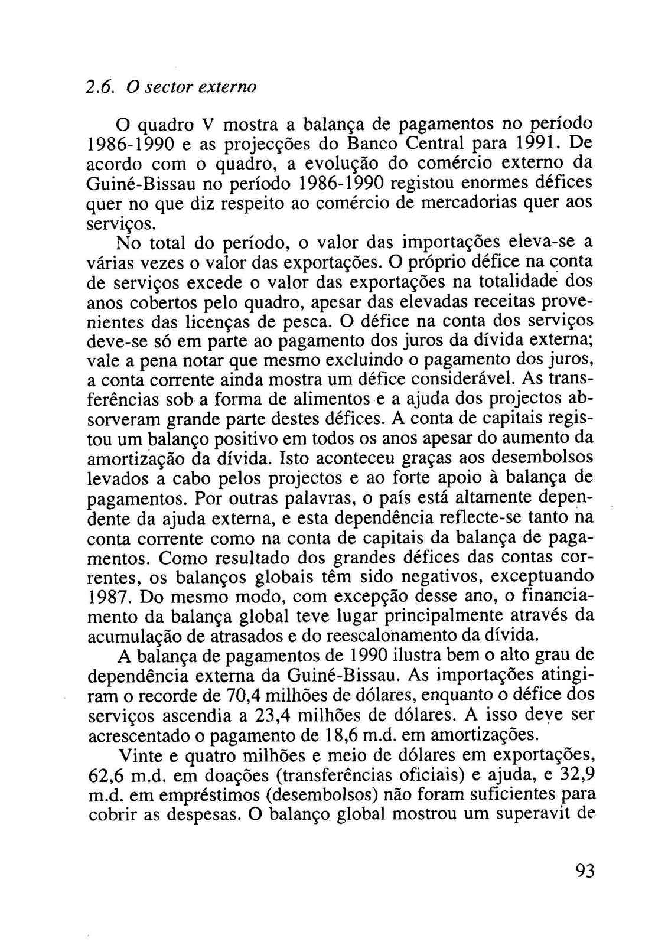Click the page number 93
coord(583,870)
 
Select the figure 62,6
coord(106,775)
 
